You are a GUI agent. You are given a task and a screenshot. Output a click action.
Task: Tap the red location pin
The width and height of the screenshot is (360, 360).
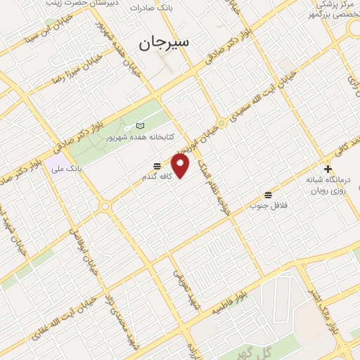pyautogui.click(x=181, y=166)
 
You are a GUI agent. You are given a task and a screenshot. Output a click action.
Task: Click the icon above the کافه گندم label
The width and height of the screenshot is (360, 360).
pyautogui.click(x=157, y=166)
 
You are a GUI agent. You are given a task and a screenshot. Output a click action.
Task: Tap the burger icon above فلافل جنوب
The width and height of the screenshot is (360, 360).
pyautogui.click(x=268, y=194)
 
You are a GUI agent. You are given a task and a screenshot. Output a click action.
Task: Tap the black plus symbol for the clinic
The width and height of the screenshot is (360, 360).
pyautogui.click(x=328, y=169)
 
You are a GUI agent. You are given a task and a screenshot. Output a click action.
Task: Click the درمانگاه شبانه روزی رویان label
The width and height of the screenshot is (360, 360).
pyautogui.click(x=328, y=185)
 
